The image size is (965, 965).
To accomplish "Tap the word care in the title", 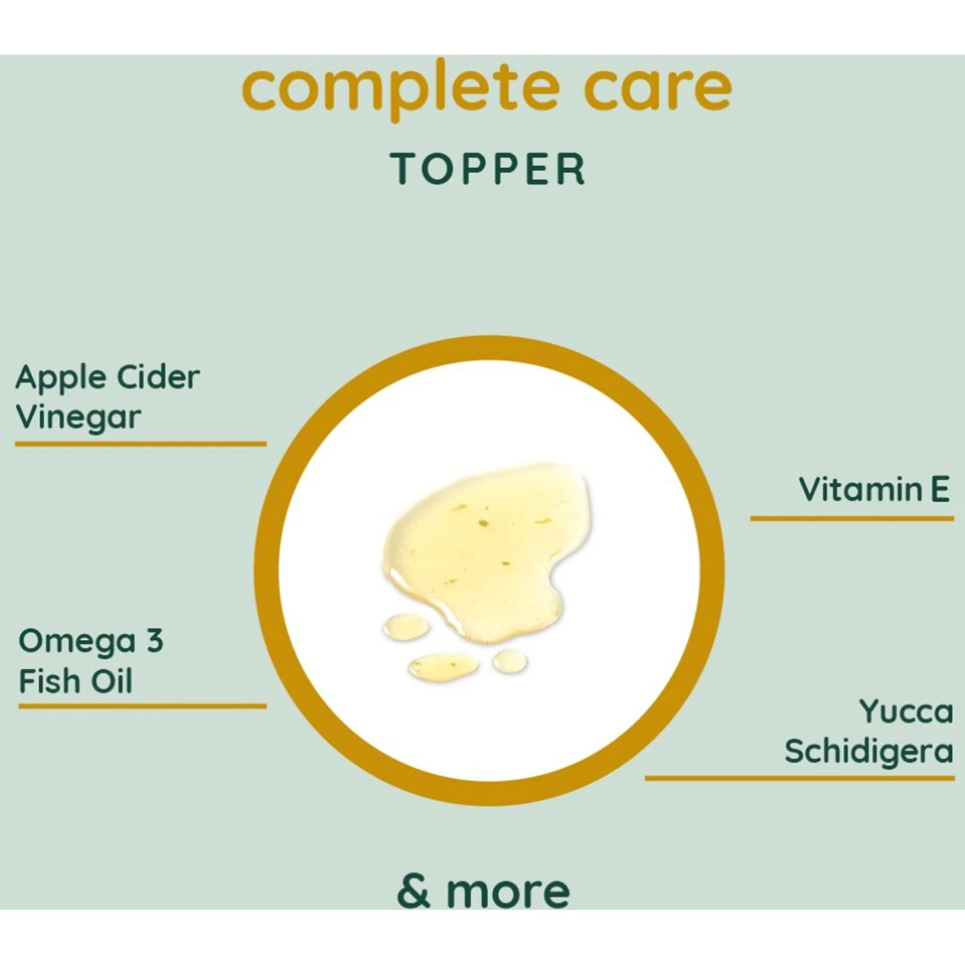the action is (658, 89).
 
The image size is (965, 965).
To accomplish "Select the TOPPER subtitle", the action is (488, 169).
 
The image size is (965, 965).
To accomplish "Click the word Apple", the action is (61, 379).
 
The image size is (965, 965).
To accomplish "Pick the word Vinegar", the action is (78, 418).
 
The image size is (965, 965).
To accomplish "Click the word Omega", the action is (77, 642).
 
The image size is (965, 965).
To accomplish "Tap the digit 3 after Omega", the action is (155, 641).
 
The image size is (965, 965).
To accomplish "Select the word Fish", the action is (49, 681).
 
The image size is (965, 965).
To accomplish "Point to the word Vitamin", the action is (861, 490).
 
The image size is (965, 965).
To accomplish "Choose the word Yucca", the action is (906, 712).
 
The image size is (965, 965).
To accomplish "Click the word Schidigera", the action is (868, 751).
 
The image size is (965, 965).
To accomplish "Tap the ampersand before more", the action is (414, 890).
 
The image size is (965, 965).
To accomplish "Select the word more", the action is (508, 893).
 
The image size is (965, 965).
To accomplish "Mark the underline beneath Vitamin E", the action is (852, 518).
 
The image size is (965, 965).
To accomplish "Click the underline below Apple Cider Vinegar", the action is (141, 443).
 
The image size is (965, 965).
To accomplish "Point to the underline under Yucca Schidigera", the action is (800, 778).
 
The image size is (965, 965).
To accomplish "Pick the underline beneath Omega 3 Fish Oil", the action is (142, 706).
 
